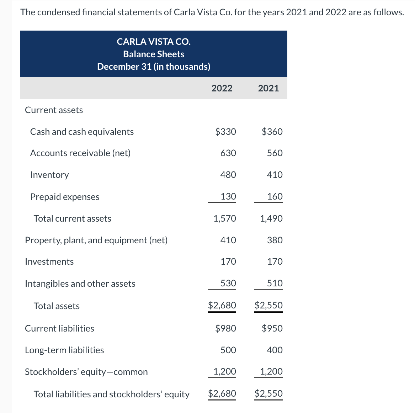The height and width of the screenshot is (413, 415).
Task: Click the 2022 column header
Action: coord(222,88)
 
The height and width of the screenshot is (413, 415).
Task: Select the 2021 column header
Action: coord(268,88)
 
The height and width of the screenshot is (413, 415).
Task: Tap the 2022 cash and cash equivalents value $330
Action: coord(225,132)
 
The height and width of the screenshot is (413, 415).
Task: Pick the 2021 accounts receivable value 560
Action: coord(275,153)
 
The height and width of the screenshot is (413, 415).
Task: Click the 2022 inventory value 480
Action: coord(228,175)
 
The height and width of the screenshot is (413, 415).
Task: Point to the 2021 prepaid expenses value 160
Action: coord(275,196)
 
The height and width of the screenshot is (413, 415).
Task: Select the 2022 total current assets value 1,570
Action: coord(224,218)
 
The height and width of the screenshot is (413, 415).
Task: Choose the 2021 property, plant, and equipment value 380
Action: coord(275,240)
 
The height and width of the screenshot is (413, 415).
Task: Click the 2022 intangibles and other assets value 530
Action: coord(228,283)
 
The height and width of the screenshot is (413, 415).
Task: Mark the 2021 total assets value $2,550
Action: coord(268,305)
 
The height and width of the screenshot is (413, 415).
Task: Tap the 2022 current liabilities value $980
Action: coord(225,328)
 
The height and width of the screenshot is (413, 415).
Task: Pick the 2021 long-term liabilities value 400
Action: coord(275,350)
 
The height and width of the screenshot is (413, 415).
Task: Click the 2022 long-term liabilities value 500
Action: coord(228,350)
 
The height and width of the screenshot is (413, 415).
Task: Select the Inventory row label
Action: coord(49,175)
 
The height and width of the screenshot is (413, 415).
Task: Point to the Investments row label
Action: coord(49,261)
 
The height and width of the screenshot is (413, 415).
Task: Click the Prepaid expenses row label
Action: coord(65,197)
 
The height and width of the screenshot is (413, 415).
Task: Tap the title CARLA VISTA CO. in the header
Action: coord(154,42)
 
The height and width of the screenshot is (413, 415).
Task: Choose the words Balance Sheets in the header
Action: coord(154,54)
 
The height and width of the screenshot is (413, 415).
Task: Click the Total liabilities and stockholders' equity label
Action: coord(111,394)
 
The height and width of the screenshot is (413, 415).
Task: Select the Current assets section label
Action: coord(54,110)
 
